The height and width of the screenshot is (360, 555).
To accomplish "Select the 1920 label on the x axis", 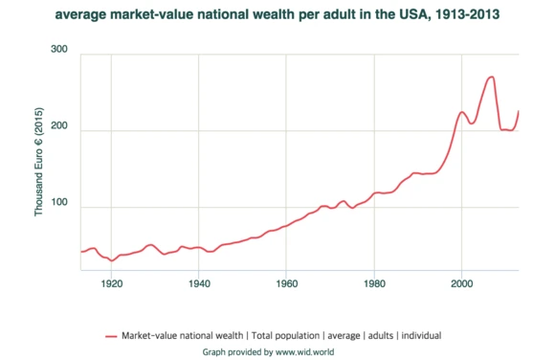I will pos(112,283).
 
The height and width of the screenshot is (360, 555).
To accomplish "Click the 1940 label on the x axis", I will pos(199,283).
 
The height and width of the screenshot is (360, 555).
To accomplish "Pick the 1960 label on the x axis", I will pos(286,283).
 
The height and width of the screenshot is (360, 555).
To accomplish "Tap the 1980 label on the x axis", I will pos(374,283).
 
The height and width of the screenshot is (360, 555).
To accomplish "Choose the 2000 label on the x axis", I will pos(461,283).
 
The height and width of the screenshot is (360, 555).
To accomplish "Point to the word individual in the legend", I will pos(421,336).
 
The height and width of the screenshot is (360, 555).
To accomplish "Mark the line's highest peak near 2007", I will pos(491,77).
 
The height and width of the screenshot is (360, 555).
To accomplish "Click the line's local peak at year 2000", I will pos(461,112).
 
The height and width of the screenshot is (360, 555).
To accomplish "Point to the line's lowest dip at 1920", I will pos(112,260).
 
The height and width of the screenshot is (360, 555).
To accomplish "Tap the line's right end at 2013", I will pos(518,112).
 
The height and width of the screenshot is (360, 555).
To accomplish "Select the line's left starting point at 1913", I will pos(81,252).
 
